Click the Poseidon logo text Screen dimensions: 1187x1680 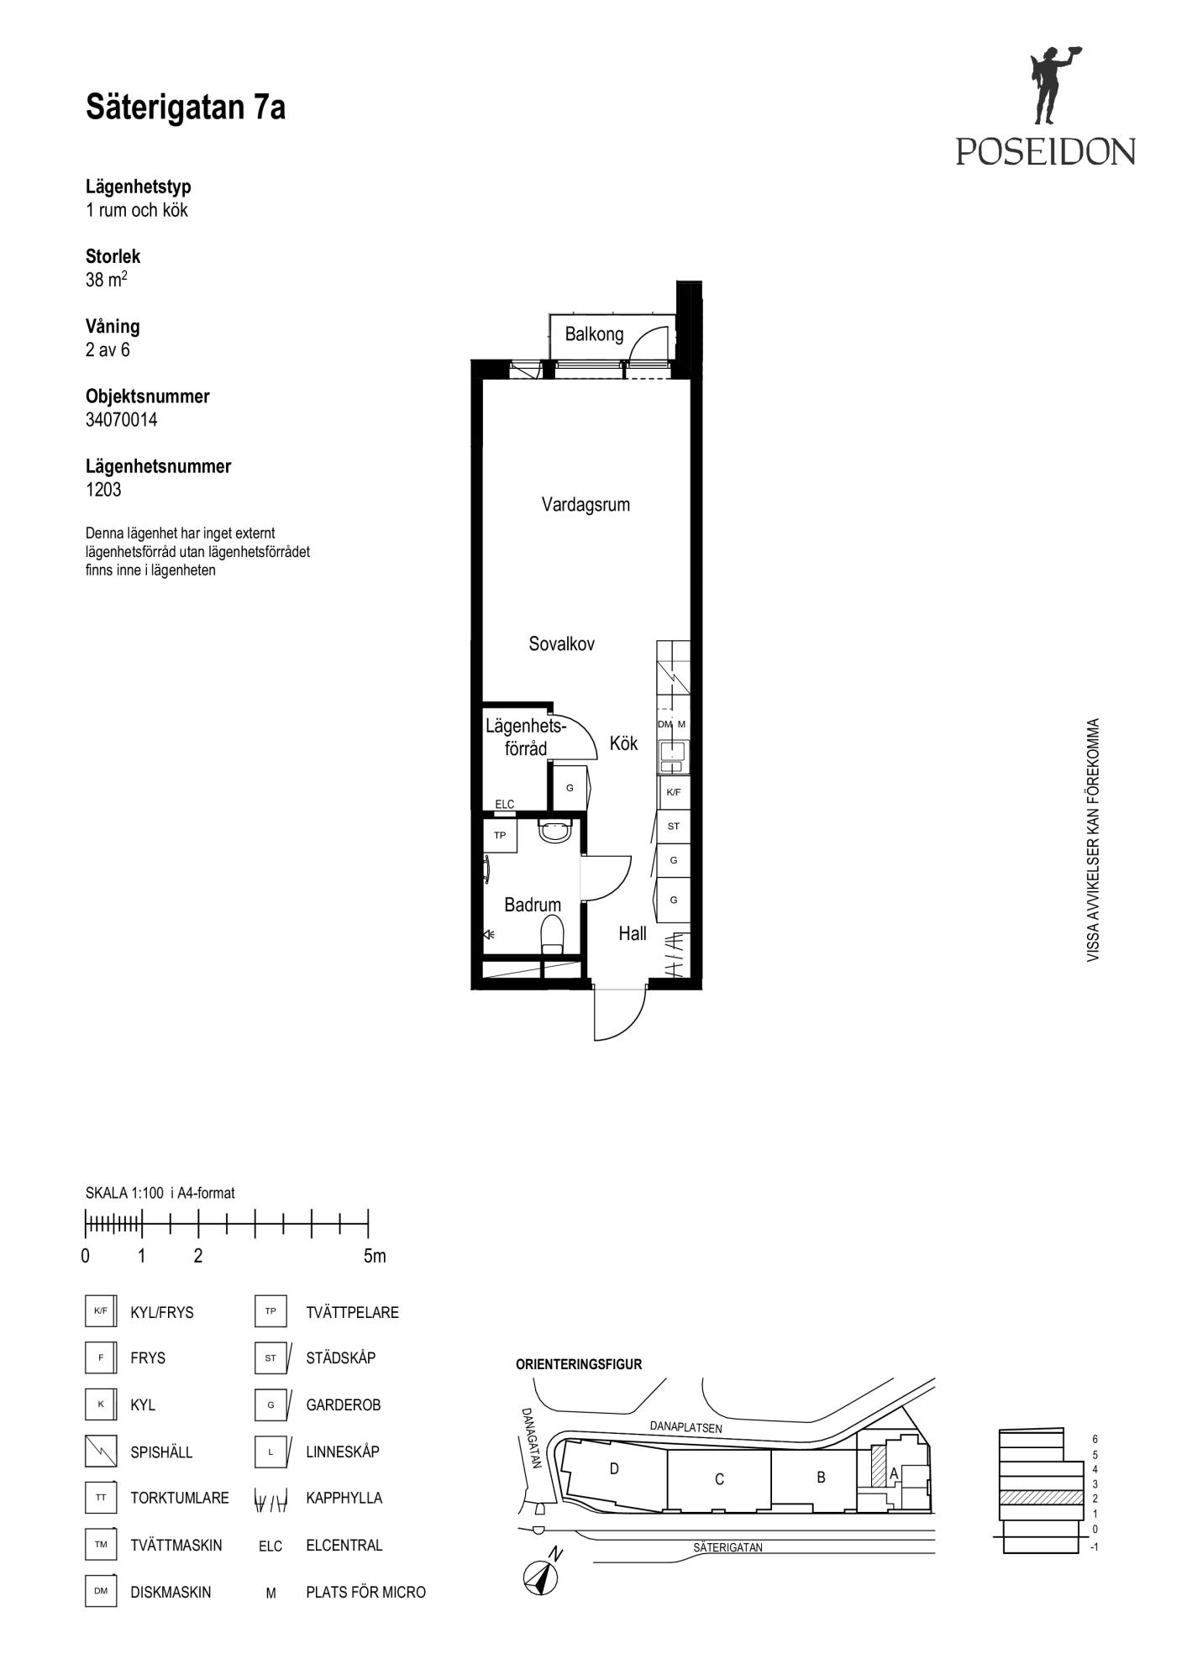point(1045,151)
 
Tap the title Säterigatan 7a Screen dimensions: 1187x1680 point(186,108)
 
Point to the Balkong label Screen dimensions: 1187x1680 point(594,334)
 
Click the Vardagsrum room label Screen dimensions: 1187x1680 point(586,505)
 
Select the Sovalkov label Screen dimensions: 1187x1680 point(561,644)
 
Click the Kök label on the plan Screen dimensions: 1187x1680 point(623,743)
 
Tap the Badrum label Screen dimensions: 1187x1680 point(532,905)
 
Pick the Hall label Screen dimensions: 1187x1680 point(633,933)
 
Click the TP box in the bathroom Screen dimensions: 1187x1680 point(500,836)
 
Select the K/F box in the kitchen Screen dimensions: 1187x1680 point(673,792)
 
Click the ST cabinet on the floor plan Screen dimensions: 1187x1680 point(673,827)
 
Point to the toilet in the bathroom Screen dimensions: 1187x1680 point(552,935)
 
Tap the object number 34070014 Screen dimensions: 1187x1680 point(121,420)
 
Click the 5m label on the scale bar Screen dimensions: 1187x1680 point(375,1257)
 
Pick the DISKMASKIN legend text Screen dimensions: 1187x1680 point(171,1593)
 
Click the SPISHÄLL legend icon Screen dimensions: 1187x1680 point(100,1452)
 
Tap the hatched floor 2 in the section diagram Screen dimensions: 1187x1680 point(1040,1498)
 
